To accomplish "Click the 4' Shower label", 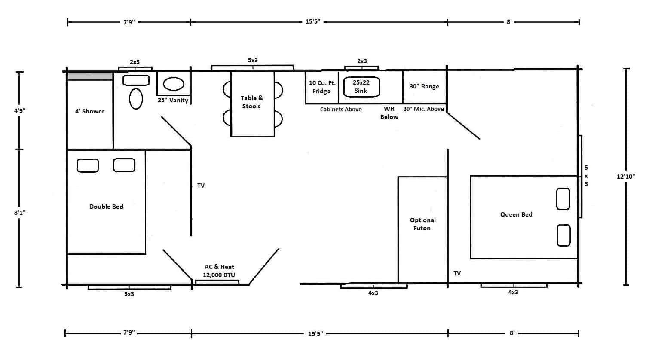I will click(90, 111).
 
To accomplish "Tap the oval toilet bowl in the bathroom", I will click(136, 99).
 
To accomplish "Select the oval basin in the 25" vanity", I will click(174, 84).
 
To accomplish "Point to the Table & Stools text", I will click(252, 102).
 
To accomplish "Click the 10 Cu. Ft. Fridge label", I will click(322, 87).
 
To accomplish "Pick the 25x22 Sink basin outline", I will click(361, 87).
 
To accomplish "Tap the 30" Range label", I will click(424, 86).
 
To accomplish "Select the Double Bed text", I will click(106, 207).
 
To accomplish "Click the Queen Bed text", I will click(516, 214).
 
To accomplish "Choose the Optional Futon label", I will click(422, 224).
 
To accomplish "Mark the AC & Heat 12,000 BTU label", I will click(219, 271).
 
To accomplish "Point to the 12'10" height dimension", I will click(626, 176).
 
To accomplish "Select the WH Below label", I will click(389, 113).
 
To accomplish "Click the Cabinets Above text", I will click(341, 110).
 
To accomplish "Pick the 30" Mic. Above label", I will click(423, 109).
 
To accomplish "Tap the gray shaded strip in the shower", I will click(90, 76).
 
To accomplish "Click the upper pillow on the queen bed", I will click(563, 199).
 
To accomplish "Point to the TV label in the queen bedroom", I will click(457, 273).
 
